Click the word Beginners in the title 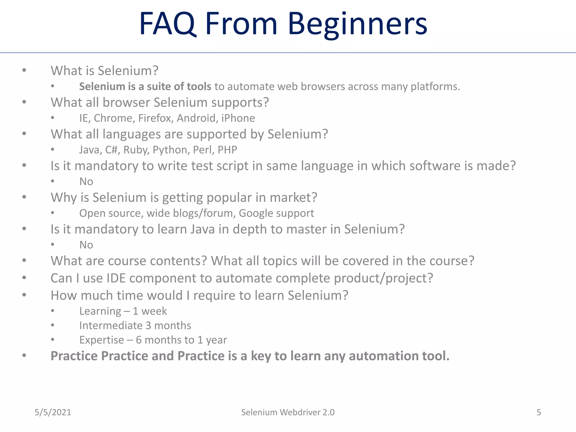(x=357, y=24)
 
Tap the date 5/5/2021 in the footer (x=53, y=412)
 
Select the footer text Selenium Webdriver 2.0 (x=288, y=412)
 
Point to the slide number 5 (x=539, y=412)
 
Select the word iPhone (x=238, y=118)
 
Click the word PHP (x=227, y=150)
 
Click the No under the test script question (x=86, y=182)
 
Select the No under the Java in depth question (x=86, y=245)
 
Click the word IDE (x=116, y=278)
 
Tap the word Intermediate (x=111, y=326)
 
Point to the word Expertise (x=102, y=340)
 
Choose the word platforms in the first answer (x=435, y=87)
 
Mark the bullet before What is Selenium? (x=24, y=70)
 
